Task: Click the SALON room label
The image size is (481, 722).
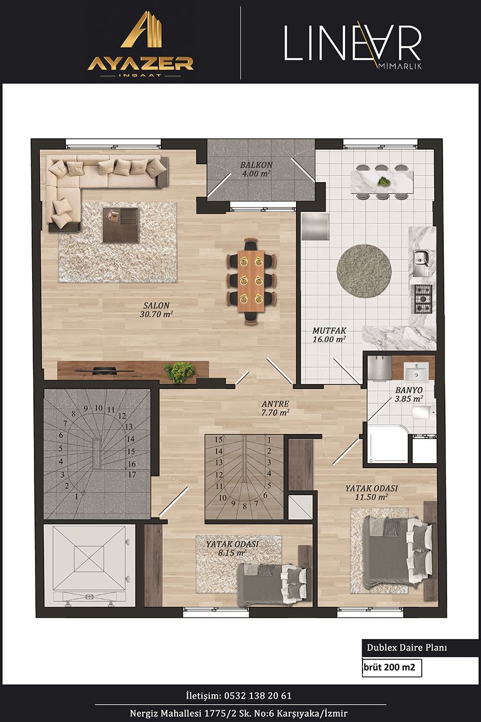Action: coord(156,310)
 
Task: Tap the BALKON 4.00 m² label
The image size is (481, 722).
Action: coord(256,169)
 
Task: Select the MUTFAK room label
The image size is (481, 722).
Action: coord(329,335)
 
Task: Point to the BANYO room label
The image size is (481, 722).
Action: coord(409,394)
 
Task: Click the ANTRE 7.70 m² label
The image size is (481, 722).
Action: coord(275,408)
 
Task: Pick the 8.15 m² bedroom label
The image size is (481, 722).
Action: coord(232,548)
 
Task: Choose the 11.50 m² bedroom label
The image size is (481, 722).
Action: coord(372,492)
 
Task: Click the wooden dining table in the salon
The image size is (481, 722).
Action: coord(251,281)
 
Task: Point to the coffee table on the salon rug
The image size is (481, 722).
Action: coord(121,225)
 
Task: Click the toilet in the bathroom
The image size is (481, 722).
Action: coord(423,413)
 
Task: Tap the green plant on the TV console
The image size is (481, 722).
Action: coord(180,372)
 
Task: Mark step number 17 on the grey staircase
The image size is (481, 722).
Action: coord(132,474)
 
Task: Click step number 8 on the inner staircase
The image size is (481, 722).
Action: coord(245,507)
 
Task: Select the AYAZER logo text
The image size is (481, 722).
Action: coord(141,64)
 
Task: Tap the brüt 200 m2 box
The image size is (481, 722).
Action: coord(392,667)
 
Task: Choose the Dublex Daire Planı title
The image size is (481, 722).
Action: coord(407,648)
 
